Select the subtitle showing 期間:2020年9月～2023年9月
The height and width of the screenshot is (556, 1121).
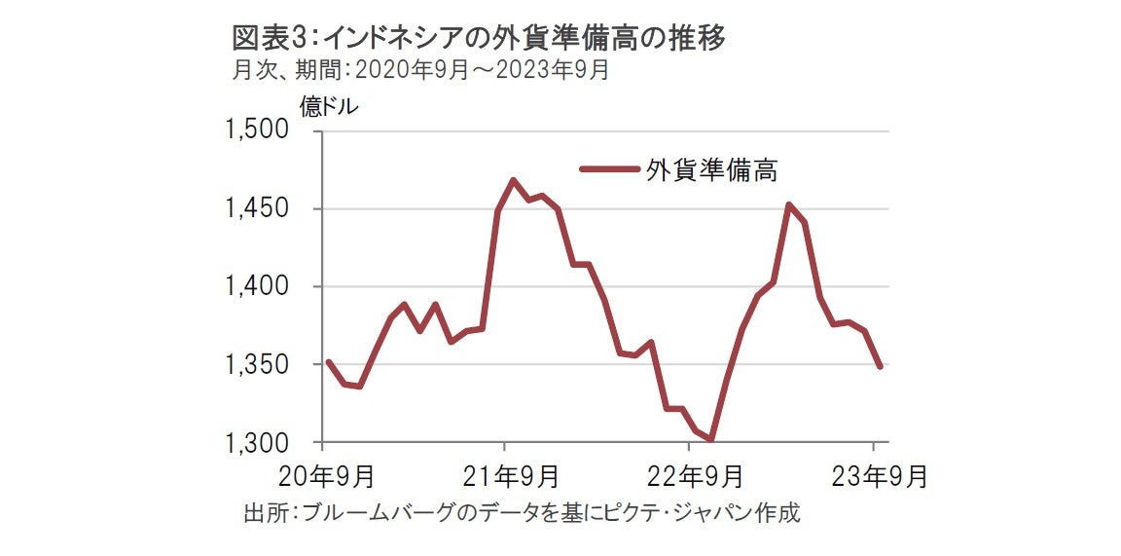(x=420, y=70)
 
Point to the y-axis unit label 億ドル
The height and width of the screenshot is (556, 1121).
(x=328, y=107)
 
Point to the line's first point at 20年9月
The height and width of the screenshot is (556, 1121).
(x=328, y=361)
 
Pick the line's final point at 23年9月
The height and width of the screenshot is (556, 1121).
(x=880, y=366)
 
